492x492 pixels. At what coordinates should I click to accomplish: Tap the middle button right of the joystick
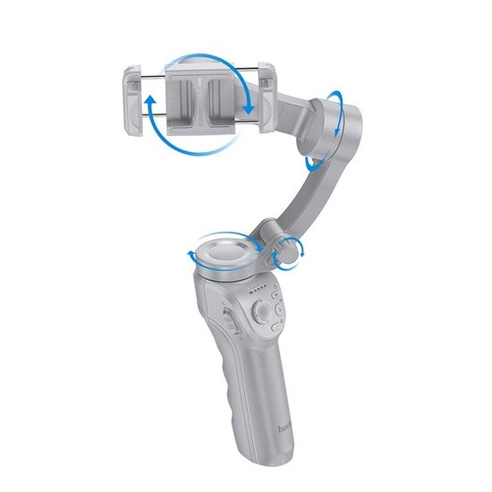click(281, 313)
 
